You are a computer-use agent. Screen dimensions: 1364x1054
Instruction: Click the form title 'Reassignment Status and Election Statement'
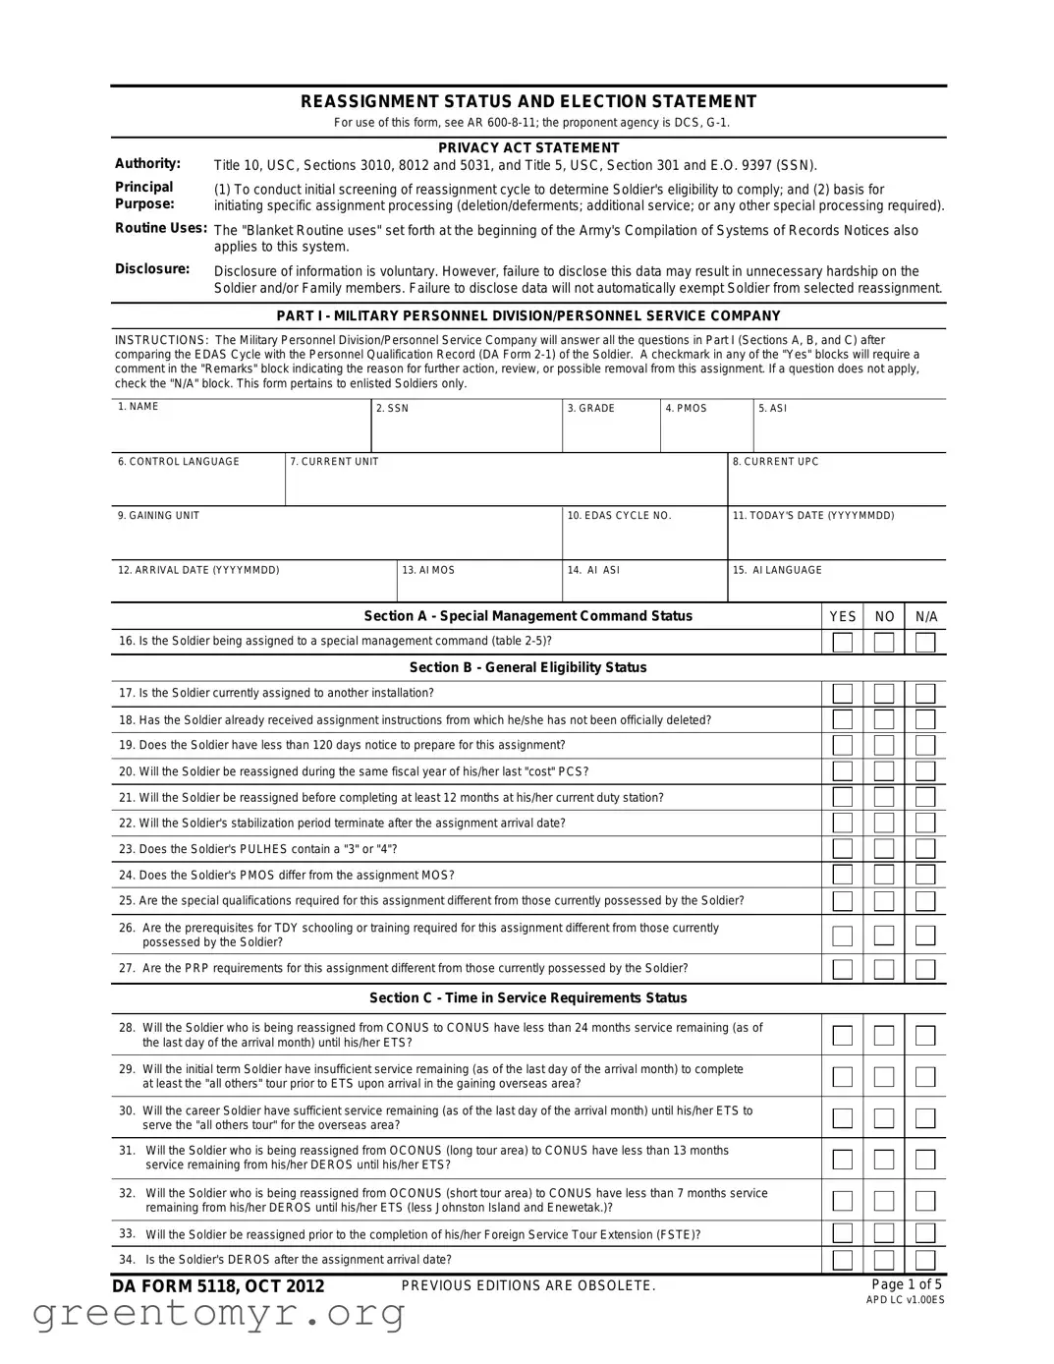528,101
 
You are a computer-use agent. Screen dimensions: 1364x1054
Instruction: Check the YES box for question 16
842,643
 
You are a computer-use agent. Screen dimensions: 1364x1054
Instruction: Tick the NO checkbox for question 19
884,746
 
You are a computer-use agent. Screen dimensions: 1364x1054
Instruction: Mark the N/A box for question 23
925,849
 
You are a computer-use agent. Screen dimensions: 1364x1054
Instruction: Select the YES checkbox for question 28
842,1036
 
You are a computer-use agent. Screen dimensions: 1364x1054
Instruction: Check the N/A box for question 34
925,1260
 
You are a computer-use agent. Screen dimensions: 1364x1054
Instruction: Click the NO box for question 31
884,1160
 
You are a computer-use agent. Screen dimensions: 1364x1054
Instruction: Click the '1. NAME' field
241,429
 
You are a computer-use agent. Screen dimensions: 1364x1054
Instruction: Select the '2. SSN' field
467,429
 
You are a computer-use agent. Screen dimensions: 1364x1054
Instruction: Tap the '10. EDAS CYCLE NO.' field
644,537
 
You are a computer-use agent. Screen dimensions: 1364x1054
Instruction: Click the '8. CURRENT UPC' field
837,483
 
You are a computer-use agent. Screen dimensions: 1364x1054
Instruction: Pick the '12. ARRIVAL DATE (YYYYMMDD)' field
253,586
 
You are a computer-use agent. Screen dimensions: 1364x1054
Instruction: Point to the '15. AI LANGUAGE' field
837,586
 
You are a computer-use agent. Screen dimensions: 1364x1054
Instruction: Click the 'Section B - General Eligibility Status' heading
528,667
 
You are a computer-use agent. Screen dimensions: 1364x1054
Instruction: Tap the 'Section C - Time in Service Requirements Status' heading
528,997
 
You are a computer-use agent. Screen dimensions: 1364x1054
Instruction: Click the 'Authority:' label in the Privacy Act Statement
148,164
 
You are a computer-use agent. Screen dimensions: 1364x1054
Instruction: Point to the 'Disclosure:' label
152,269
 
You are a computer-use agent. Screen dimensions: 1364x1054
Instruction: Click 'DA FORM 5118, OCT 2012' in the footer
218,1286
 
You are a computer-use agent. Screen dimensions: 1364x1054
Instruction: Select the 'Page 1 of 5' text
906,1284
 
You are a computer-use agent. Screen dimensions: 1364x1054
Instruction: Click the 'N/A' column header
926,617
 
